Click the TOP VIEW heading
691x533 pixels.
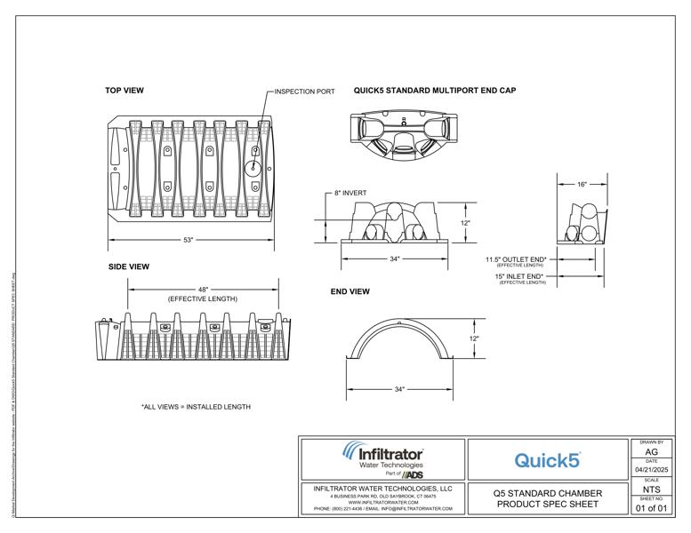pyautogui.click(x=125, y=91)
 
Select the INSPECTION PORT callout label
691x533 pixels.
pyautogui.click(x=304, y=91)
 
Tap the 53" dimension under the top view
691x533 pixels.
pyautogui.click(x=188, y=240)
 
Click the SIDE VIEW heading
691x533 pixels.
pyautogui.click(x=129, y=266)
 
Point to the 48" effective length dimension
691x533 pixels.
pyautogui.click(x=204, y=290)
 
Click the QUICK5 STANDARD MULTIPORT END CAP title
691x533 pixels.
pyautogui.click(x=435, y=91)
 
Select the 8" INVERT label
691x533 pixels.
pyautogui.click(x=350, y=193)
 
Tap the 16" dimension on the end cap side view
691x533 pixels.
pyautogui.click(x=582, y=185)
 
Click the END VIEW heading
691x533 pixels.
pyautogui.click(x=350, y=291)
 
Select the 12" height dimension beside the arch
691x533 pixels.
pyautogui.click(x=474, y=338)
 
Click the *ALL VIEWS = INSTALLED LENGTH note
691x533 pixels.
pyautogui.click(x=196, y=407)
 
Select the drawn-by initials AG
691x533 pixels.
pyautogui.click(x=651, y=452)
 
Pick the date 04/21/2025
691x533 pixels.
pyautogui.click(x=651, y=469)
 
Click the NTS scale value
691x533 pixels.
pyautogui.click(x=651, y=489)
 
